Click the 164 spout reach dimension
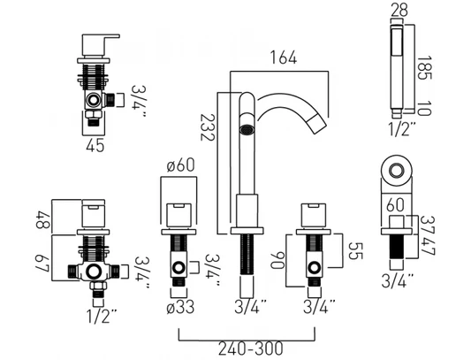click(284, 57)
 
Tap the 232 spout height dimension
click(208, 126)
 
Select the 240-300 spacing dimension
click(250, 349)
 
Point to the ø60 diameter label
click(180, 165)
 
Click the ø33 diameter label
click(180, 307)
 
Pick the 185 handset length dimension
click(425, 68)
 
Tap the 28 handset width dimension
click(399, 10)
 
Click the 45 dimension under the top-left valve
click(95, 145)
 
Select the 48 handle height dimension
click(43, 220)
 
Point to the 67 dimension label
click(42, 264)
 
